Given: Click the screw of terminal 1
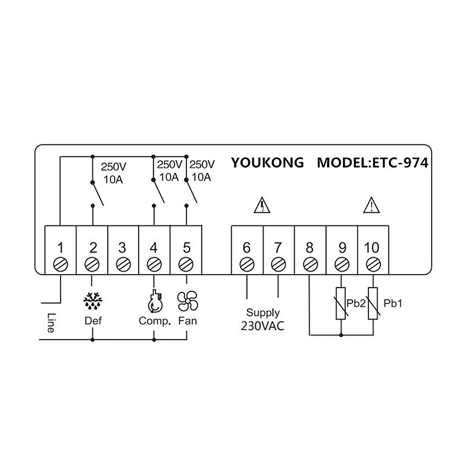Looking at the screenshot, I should pos(60,265).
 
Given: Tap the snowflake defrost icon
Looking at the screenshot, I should pos(92,300).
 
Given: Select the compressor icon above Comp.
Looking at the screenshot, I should pos(154,300).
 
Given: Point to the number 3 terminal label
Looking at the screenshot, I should pos(123,248).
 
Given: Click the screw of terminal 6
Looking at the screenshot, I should pos(247,265).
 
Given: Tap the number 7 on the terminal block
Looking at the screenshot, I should pos(278,248).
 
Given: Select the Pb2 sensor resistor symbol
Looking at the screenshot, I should pos(340,304).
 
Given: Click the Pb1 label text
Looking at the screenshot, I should pos(394,304).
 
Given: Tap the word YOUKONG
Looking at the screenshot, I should pos(267,162).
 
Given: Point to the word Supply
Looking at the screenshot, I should pos(263,313).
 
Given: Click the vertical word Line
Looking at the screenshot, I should pos(50,323).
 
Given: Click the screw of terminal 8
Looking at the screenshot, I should pos(309,265).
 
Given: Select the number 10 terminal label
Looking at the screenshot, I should pos(371,248).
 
